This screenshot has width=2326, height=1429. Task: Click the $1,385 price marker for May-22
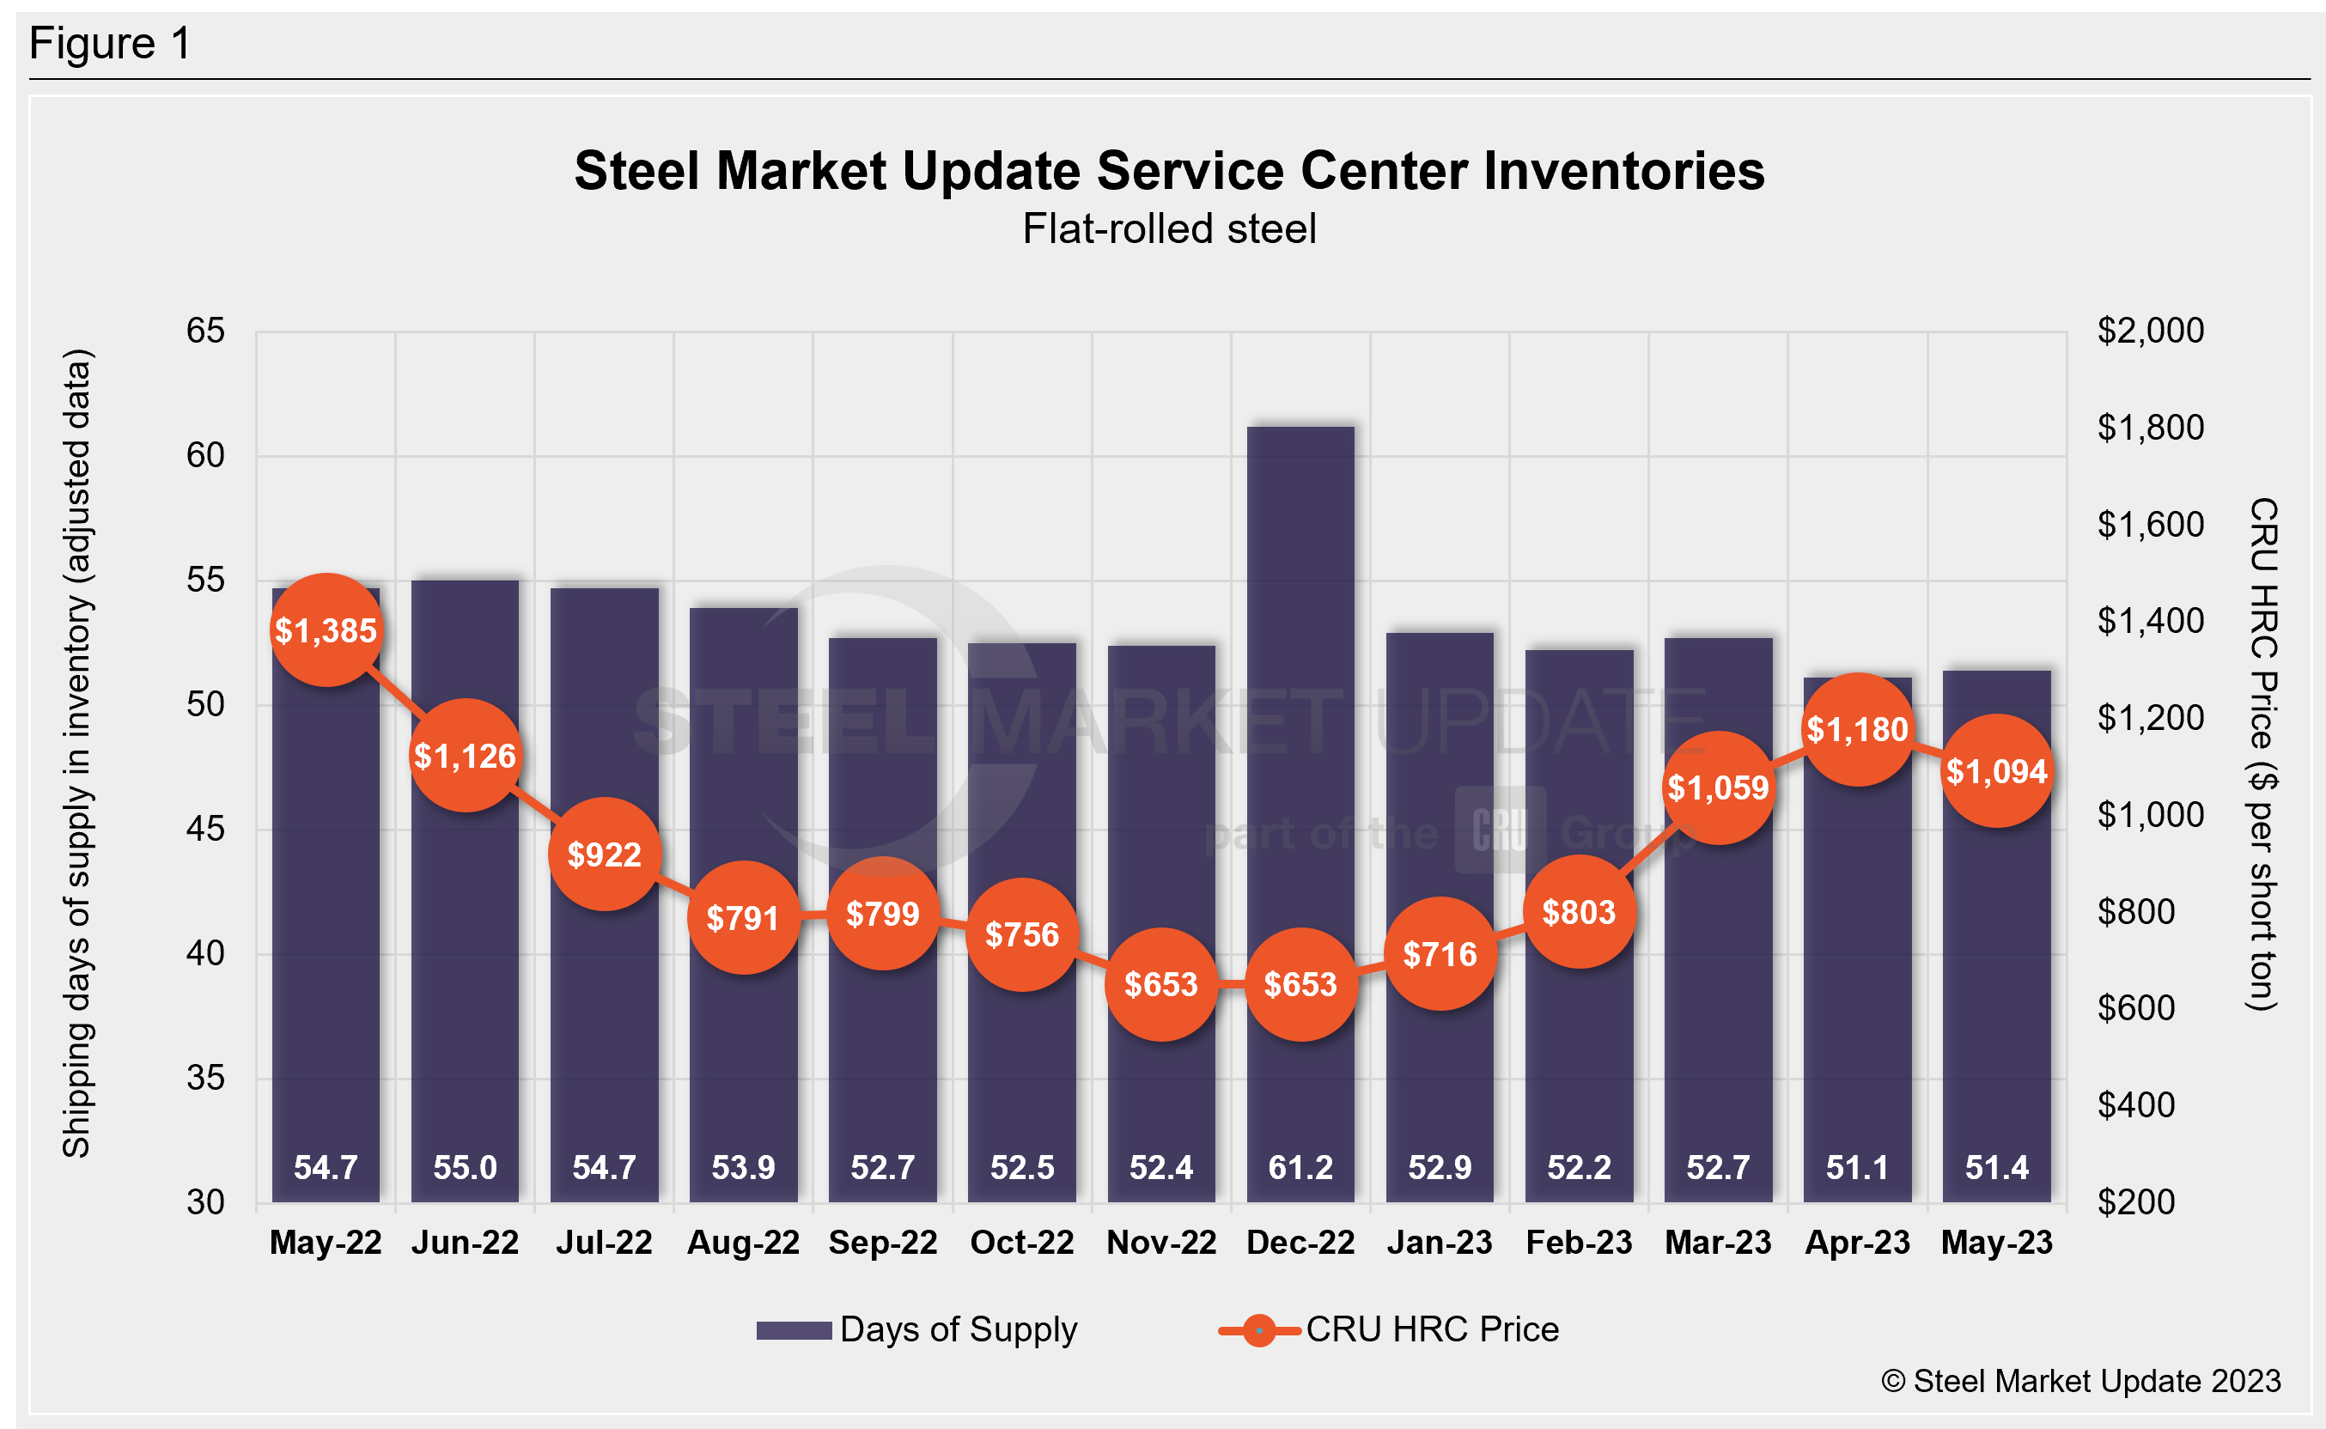pos(326,630)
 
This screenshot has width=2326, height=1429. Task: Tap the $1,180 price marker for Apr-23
pos(1857,730)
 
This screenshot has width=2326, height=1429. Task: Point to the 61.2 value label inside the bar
pos(1300,1167)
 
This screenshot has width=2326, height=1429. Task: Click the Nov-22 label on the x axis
pos(1161,1242)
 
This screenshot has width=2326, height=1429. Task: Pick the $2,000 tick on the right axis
pos(2150,331)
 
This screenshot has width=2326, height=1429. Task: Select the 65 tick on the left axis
pos(205,331)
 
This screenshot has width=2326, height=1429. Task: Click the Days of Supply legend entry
pos(916,1329)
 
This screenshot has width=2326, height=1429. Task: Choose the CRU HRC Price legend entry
pos(1390,1329)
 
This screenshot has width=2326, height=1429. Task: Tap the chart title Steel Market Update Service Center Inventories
pos(1169,171)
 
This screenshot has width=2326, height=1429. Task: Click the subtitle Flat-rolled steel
pos(1169,228)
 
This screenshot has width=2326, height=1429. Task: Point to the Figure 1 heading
pos(110,44)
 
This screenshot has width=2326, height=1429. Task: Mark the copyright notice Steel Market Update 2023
pos(2080,1381)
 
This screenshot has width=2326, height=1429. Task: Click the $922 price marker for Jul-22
pos(604,854)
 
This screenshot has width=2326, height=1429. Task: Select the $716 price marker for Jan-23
pos(1440,955)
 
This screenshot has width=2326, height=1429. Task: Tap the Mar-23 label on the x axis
pos(1718,1242)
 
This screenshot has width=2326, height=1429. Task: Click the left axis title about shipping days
pos(76,753)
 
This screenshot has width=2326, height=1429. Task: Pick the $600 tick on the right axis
pos(2136,1008)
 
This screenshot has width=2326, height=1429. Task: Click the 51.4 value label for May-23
pos(1996,1167)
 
